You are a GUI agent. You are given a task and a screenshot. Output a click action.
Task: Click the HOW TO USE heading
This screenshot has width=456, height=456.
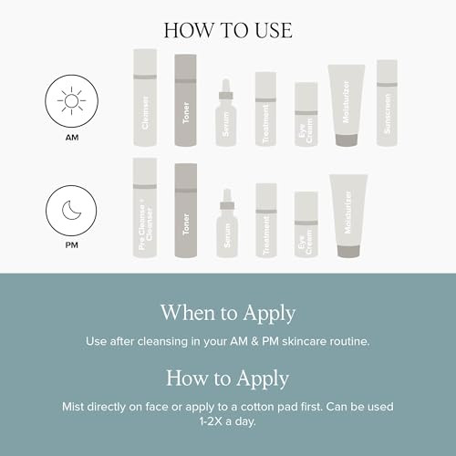click(x=228, y=29)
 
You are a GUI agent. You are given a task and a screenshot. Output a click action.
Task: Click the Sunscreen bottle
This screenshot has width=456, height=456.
click(x=387, y=103)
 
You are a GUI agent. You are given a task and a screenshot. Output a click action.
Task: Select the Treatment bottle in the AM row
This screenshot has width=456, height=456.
click(x=265, y=110)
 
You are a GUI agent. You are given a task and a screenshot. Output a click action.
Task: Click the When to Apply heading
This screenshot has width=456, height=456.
click(x=228, y=313)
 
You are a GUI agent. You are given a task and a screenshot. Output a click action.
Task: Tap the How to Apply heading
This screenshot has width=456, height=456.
click(x=228, y=378)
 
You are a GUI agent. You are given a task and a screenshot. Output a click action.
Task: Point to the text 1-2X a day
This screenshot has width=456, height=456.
click(x=229, y=420)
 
